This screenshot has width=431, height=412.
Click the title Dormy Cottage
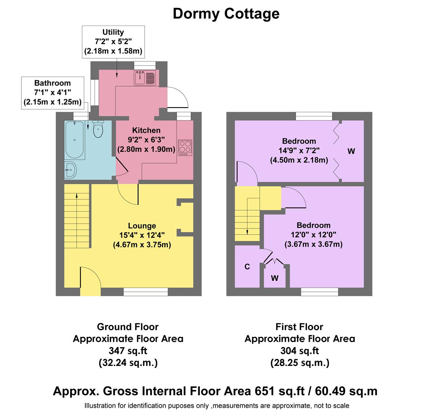tap(226, 14)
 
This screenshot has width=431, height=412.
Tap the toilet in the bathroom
tap(98, 129)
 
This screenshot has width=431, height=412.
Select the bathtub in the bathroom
tap(74, 140)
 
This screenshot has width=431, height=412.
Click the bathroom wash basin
tap(70, 169)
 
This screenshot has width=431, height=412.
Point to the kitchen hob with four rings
tap(185, 148)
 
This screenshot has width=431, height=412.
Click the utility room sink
tap(145, 78)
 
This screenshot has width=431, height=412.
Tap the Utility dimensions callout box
tap(113, 42)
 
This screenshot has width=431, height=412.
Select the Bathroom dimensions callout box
tap(52, 92)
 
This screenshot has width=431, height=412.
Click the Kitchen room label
tap(146, 130)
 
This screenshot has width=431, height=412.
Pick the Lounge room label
tap(142, 226)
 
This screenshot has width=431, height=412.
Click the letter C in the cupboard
tap(247, 267)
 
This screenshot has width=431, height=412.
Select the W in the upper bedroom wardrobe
tap(351, 151)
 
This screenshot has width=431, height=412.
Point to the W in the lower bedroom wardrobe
tap(275, 278)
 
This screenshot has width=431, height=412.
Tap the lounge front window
tap(146, 292)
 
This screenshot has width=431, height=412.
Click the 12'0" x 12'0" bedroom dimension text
tap(314, 235)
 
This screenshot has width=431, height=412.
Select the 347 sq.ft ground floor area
tap(128, 351)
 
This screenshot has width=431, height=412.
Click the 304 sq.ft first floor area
tap(299, 351)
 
